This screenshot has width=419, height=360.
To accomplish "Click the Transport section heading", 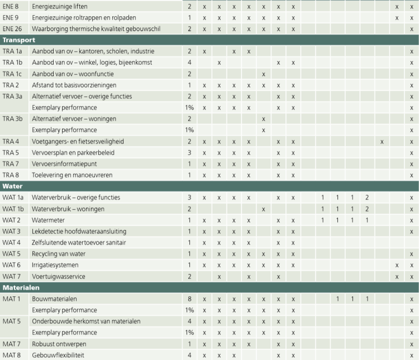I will [19, 40].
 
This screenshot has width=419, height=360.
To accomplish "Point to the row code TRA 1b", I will [13, 63].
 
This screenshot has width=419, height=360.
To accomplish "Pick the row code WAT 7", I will [12, 276].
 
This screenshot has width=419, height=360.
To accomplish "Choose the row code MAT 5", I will [12, 321].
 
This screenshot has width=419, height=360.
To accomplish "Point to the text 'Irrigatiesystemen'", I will [55, 265].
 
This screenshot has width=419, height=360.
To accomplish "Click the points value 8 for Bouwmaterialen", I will [190, 299].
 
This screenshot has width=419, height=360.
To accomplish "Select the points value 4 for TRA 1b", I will [190, 63].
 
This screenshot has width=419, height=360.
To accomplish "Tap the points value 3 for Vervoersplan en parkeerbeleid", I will [190, 153].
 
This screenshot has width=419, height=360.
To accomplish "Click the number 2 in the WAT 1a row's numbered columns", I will [367, 197].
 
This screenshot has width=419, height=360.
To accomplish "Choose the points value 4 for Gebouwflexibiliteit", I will [190, 355].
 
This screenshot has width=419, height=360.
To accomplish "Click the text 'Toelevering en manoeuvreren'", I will [72, 175].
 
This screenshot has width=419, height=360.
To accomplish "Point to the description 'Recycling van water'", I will [59, 254].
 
